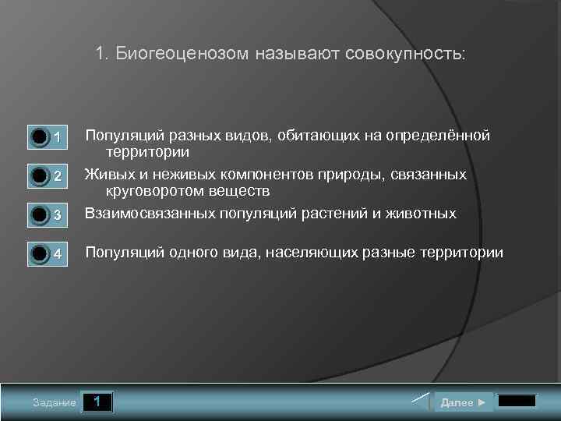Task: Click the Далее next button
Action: coord(463,402)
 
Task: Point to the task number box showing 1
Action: coord(97,402)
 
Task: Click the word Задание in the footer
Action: coord(55,403)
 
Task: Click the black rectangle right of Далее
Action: coord(517,402)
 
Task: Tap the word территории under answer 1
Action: coord(148,152)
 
